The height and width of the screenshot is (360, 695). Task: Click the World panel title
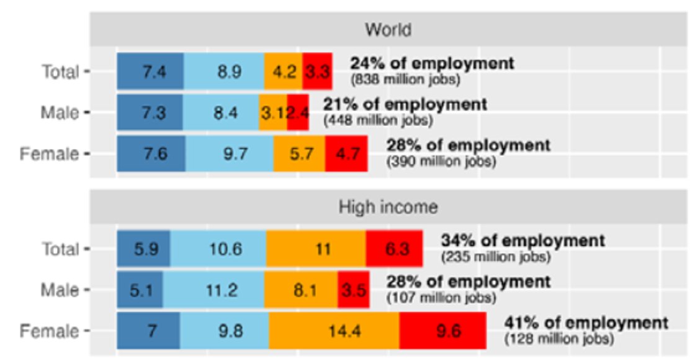point(388,30)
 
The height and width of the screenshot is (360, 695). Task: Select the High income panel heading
point(388,207)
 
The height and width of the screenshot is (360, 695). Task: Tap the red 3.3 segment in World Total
point(317,71)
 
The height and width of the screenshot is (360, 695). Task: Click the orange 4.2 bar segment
point(284,71)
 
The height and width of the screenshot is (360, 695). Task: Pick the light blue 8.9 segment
point(224,71)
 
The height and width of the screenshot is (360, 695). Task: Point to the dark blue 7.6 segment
point(151,153)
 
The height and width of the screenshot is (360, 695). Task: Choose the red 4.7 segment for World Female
point(346,153)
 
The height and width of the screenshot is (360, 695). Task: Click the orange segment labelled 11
point(316,249)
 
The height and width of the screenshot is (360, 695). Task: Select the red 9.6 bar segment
point(443,331)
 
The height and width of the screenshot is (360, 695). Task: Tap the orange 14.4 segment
point(334,331)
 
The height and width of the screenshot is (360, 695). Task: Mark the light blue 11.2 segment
point(213,290)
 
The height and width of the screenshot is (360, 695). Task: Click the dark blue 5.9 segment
point(143,249)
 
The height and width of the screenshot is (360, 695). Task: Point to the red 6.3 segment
point(395,249)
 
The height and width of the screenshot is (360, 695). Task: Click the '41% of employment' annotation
point(586,323)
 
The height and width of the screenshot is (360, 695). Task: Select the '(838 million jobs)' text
point(406,80)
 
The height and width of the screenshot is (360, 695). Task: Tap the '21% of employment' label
point(405,104)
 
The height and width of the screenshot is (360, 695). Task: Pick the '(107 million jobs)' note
point(441,299)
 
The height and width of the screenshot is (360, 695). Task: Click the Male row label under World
point(60,112)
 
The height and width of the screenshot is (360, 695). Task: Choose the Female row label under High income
point(49,331)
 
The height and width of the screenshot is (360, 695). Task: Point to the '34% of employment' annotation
point(523,240)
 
